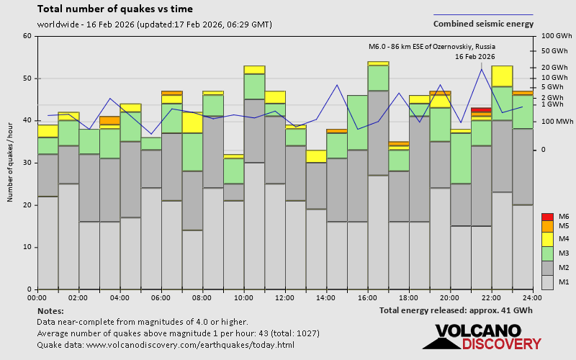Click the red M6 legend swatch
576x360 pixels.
click(547, 217)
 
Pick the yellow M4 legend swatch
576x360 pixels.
click(547, 239)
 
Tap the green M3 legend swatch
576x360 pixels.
click(547, 253)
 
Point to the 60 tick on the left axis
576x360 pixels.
click(27, 36)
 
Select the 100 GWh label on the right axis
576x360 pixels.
click(557, 36)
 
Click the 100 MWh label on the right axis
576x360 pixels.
click(557, 122)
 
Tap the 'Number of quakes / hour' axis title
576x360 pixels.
click(11, 162)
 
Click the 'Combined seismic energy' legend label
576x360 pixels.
click(483, 24)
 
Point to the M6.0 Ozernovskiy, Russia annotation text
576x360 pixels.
click(431, 47)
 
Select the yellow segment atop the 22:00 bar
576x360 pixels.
click(502, 76)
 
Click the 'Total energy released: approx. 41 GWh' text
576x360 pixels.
click(456, 310)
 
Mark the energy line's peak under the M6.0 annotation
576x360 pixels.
click(481, 69)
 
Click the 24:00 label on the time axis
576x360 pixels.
click(532, 297)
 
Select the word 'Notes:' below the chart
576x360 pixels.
click(50, 310)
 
